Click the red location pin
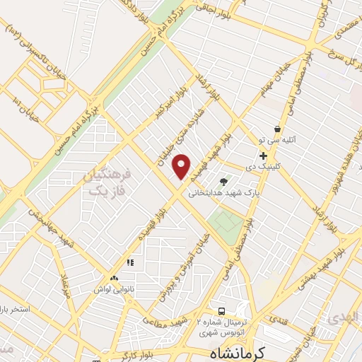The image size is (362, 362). point(182,166)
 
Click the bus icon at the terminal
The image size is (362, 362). point(222,312)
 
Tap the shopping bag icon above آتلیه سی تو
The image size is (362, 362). point(276,129)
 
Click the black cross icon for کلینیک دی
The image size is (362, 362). point(263,156)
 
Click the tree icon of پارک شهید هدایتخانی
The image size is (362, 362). point(224,182)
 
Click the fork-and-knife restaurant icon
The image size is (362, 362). point(129,263)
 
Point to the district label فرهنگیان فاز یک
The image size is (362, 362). point(110,182)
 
